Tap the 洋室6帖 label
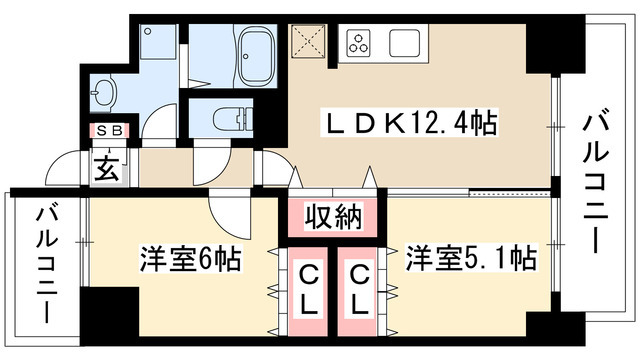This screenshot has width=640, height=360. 189,259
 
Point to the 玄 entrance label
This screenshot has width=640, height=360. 107,168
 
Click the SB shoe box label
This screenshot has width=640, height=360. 107,130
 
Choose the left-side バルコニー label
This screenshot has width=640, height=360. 46,262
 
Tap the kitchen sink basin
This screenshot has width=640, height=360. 405,43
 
